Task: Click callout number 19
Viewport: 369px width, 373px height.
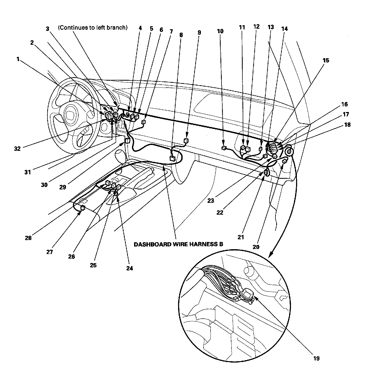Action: [x=316, y=358]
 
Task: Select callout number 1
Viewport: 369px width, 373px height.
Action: [x=18, y=59]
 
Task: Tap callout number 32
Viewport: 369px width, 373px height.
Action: [x=17, y=148]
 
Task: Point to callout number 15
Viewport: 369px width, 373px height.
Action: [x=326, y=60]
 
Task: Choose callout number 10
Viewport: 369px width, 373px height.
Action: [x=220, y=31]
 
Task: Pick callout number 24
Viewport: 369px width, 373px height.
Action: [x=130, y=268]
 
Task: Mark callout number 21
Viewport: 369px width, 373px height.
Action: [x=241, y=237]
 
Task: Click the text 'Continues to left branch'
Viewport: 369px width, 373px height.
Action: [x=93, y=28]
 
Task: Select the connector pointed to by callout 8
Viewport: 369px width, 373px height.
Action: [x=172, y=158]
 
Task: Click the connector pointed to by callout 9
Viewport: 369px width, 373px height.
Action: [x=186, y=140]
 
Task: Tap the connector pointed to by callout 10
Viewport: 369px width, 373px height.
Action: [x=224, y=148]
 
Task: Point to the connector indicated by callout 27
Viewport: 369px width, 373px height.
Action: [x=83, y=207]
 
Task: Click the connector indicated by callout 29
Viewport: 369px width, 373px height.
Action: [x=127, y=140]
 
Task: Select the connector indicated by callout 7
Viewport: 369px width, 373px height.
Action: [x=144, y=122]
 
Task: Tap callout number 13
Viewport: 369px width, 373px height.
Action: [x=271, y=27]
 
